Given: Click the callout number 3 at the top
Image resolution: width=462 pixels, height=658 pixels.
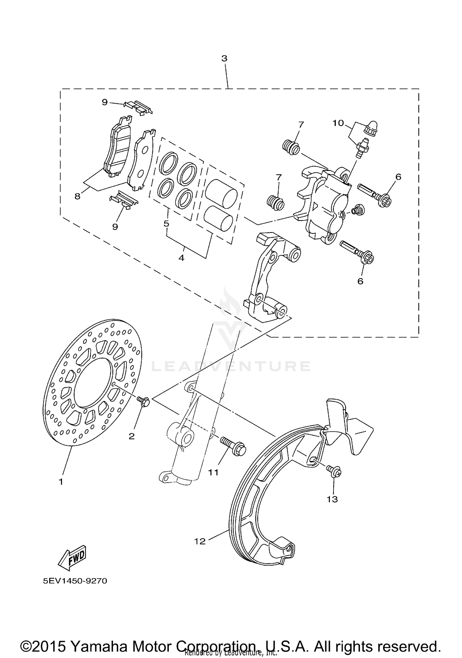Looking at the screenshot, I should [x=224, y=58].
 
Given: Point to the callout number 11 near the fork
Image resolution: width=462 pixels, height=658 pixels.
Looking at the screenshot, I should [x=213, y=472].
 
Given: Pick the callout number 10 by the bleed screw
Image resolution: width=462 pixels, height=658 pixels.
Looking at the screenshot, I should [x=338, y=123].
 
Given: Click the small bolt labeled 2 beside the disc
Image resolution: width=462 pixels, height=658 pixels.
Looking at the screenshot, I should [x=144, y=402].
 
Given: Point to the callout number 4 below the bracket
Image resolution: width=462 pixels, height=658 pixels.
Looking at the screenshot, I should [x=181, y=258].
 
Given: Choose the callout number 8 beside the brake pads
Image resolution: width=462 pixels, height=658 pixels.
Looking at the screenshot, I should [x=77, y=196].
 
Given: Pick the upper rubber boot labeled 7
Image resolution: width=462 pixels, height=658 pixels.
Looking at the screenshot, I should [x=291, y=147].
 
